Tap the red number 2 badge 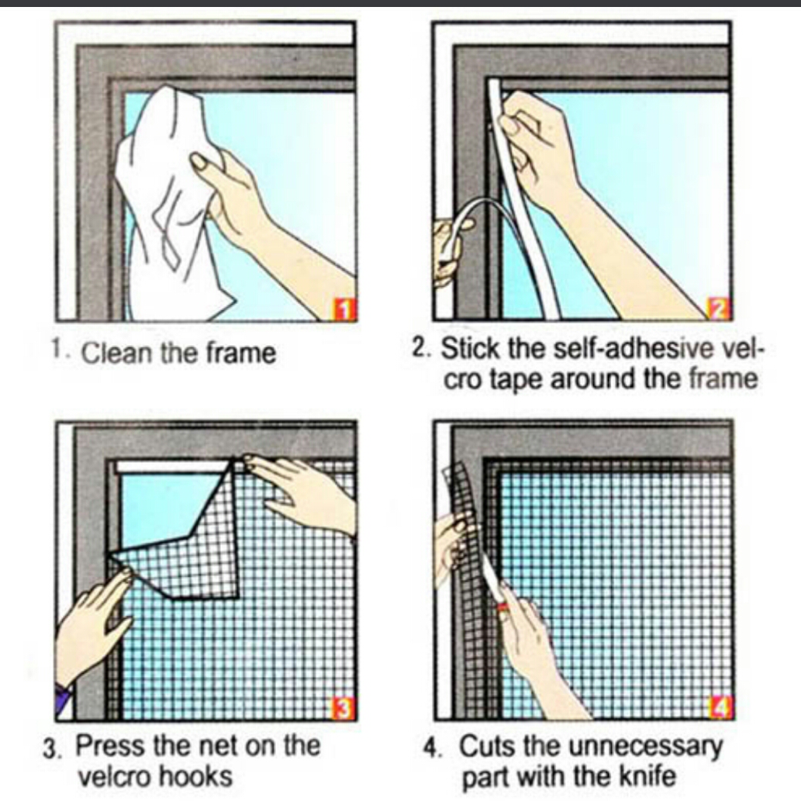coord(720,310)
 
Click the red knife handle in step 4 coord(503,604)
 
